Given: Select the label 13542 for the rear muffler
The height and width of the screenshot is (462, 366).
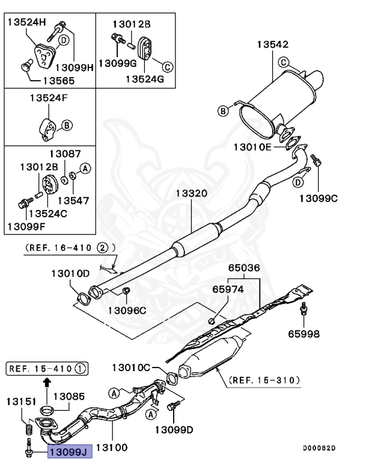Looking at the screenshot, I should tap(273, 44).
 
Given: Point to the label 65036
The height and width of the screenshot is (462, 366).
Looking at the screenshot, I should tap(243, 268).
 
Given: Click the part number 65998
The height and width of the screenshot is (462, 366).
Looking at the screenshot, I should tap(303, 333).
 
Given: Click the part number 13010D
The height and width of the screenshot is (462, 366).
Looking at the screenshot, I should tap(70, 273).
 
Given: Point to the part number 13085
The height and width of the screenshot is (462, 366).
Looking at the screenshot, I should tap(69, 397).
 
